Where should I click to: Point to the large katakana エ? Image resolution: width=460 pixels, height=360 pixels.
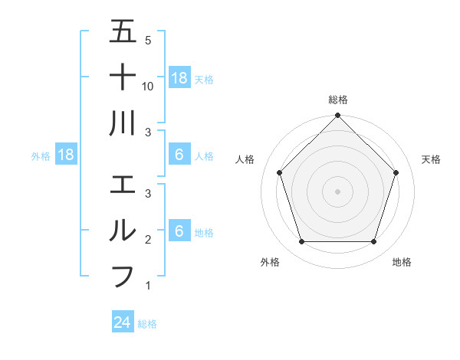tap(123, 185)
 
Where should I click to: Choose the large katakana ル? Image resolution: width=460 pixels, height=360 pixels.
tap(123, 231)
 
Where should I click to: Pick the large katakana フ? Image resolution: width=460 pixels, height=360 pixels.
tap(123, 275)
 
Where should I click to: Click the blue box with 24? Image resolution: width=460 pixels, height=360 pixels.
tap(123, 322)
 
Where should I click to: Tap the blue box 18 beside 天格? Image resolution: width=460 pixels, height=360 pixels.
tap(179, 77)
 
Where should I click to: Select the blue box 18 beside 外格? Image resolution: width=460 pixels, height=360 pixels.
tap(66, 155)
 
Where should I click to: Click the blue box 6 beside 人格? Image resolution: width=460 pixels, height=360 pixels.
tap(179, 155)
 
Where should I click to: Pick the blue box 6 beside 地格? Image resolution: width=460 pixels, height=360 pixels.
tap(179, 231)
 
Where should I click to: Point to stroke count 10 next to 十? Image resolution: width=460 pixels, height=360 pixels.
tap(148, 87)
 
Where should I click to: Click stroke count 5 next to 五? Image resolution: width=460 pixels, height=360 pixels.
tap(148, 41)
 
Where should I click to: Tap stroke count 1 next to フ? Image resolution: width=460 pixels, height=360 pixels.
tap(148, 286)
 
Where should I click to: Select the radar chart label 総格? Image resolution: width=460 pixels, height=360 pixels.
tap(338, 100)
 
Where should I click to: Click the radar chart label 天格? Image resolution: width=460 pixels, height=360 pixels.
tap(431, 159)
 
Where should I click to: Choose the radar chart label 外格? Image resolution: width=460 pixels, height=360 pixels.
tap(270, 262)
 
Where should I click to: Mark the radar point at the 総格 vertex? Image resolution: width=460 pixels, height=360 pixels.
tap(337, 117)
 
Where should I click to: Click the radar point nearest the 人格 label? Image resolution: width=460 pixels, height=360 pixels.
tap(280, 172)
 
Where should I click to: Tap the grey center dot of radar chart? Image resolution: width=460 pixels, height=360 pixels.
tap(337, 191)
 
